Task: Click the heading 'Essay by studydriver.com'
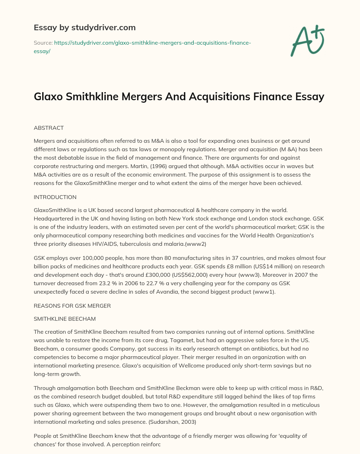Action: [x=84, y=27]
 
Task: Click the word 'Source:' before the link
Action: [x=43, y=43]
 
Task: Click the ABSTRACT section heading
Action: [x=49, y=128]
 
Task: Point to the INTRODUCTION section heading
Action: [x=55, y=197]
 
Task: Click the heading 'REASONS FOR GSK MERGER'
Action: [x=72, y=306]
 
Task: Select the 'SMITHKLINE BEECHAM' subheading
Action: [x=65, y=319]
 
